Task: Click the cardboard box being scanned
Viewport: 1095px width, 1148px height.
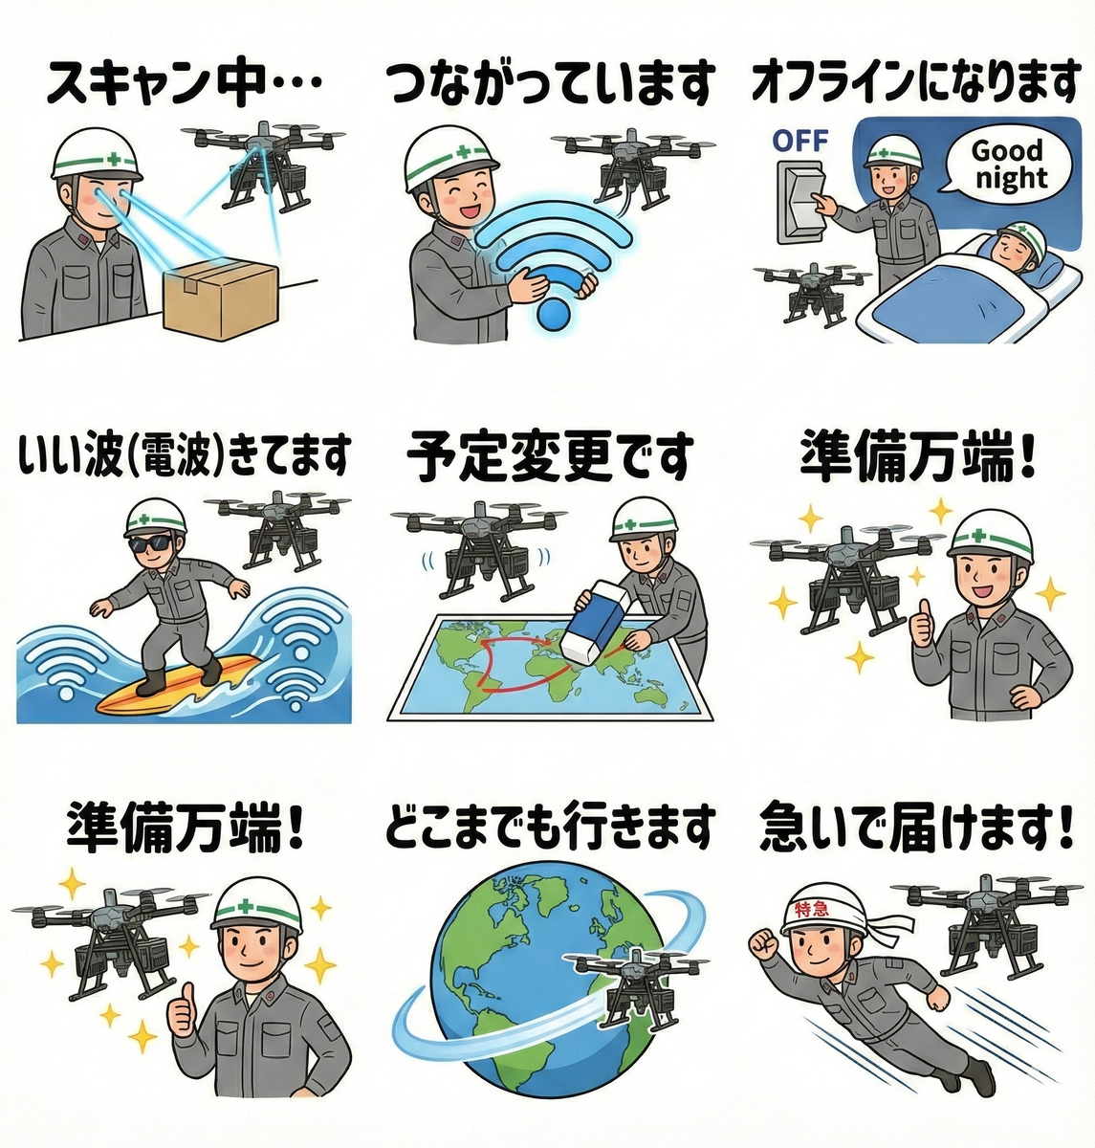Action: tap(220, 299)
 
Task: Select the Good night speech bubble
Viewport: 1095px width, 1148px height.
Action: tap(1008, 165)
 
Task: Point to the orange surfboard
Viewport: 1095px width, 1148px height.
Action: tap(178, 683)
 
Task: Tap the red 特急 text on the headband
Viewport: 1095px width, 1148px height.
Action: tap(810, 909)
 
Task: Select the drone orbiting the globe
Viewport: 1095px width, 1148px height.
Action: tap(635, 987)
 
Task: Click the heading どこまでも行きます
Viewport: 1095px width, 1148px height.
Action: tap(549, 827)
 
